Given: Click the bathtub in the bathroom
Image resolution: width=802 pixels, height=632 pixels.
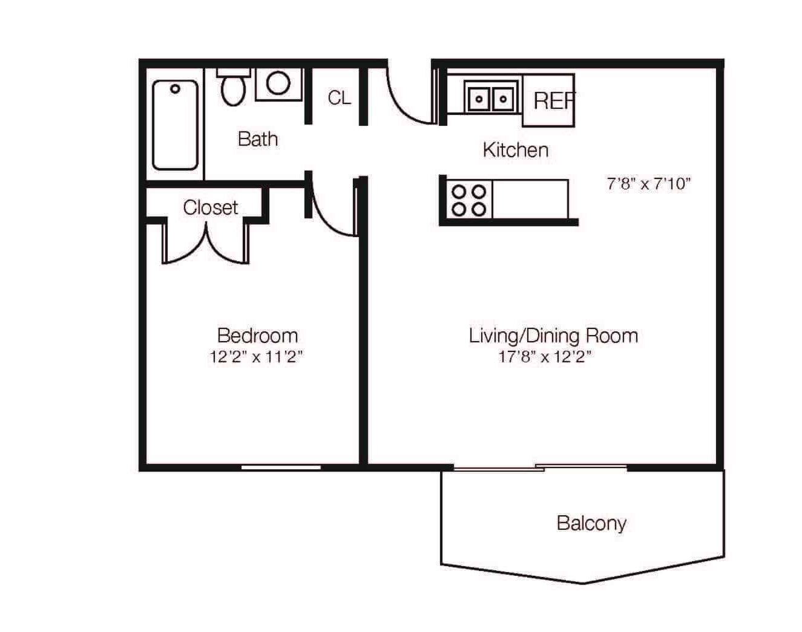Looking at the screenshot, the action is (x=175, y=125).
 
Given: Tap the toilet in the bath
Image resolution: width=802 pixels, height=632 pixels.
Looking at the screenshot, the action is (x=233, y=87).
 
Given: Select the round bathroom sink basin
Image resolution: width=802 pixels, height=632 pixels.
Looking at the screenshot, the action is (x=278, y=83).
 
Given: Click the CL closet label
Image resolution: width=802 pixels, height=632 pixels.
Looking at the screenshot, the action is (x=339, y=97).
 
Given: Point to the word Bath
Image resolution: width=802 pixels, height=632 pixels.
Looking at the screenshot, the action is (x=258, y=139).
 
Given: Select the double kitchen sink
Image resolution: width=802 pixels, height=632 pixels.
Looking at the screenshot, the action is (x=491, y=99).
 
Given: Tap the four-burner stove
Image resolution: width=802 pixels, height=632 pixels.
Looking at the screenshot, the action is (x=468, y=201).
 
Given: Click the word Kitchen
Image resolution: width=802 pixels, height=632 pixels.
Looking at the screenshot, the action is (x=516, y=150).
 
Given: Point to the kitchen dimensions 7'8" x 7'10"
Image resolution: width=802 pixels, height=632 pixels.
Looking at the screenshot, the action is (x=649, y=184).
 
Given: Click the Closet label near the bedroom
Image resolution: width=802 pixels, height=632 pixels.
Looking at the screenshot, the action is (x=211, y=207).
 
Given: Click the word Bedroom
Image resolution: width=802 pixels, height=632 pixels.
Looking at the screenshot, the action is (x=257, y=336).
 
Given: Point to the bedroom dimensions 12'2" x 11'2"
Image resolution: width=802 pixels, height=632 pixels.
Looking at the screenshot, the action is (x=257, y=357).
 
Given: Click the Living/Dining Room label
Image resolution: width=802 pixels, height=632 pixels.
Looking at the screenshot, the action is (x=553, y=336).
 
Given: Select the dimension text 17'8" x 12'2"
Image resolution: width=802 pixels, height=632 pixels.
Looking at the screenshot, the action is (x=545, y=357).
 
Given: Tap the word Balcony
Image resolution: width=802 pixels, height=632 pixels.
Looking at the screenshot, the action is (x=591, y=524).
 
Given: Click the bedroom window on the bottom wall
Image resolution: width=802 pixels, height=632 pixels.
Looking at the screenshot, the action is (x=281, y=467).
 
